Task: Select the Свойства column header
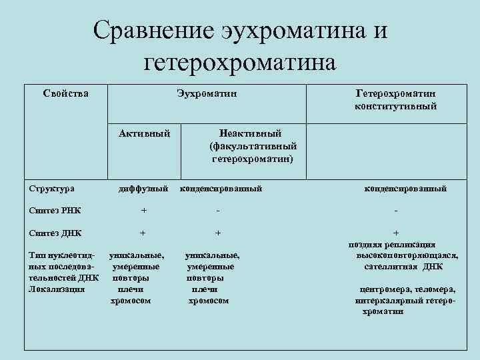65,93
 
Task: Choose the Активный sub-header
144,133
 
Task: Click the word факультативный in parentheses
253,146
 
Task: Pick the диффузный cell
143,189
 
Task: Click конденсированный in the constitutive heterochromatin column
405,189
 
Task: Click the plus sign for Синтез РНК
143,211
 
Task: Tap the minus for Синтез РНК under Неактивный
217,211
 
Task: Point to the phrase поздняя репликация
393,245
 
